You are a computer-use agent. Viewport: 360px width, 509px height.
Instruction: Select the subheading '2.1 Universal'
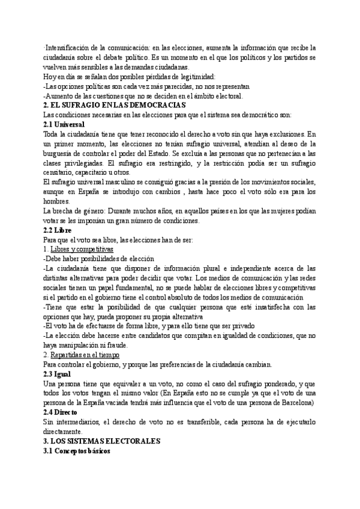click(x=64, y=124)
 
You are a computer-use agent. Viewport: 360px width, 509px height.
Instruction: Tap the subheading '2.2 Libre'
click(x=58, y=230)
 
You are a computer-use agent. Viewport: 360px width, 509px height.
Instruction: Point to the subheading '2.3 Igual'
click(x=58, y=374)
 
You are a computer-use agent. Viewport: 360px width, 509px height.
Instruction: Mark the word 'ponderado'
click(x=260, y=384)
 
